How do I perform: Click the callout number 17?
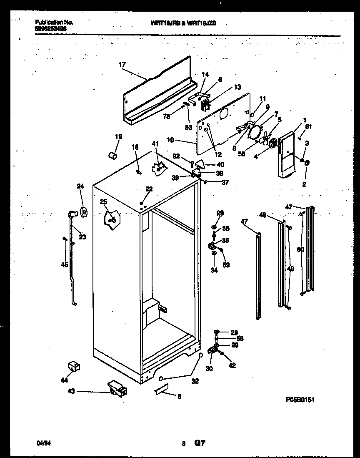tap(122, 65)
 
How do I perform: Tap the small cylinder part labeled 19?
tap(112, 156)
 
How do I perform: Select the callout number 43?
tap(72, 391)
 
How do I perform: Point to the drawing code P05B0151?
tap(300, 400)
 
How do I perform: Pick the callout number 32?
tap(195, 381)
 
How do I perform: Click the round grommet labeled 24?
tap(85, 212)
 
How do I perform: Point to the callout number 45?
tap(64, 264)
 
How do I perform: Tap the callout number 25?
tap(103, 202)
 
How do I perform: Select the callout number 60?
tap(300, 249)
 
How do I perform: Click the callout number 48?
tap(262, 215)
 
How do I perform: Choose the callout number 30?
tap(209, 368)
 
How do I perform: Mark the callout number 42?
tap(232, 365)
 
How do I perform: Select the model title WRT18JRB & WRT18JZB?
tap(183, 24)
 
